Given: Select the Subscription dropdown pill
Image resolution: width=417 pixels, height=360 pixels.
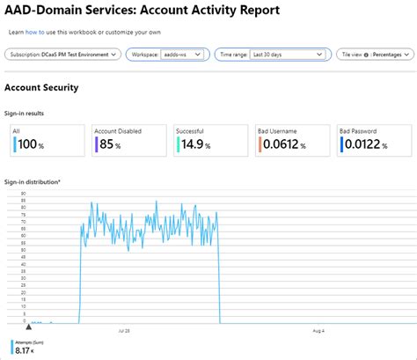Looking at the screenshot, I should [62, 55].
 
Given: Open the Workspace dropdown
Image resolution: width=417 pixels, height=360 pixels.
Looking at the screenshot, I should [167, 55].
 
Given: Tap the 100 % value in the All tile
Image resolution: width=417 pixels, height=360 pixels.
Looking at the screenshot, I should [32, 144].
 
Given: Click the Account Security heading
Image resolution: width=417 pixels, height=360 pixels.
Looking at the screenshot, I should [41, 88].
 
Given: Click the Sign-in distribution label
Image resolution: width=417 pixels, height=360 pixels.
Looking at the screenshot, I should [33, 182].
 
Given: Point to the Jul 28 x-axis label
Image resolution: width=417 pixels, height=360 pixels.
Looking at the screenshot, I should [124, 331].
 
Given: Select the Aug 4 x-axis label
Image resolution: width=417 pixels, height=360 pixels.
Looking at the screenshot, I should [318, 331].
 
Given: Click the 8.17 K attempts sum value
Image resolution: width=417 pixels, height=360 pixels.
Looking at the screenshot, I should [27, 351].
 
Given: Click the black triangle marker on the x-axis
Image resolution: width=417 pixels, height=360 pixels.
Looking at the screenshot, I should [15, 326].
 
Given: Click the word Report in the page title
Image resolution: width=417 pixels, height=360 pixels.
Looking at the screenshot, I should [252, 11].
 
